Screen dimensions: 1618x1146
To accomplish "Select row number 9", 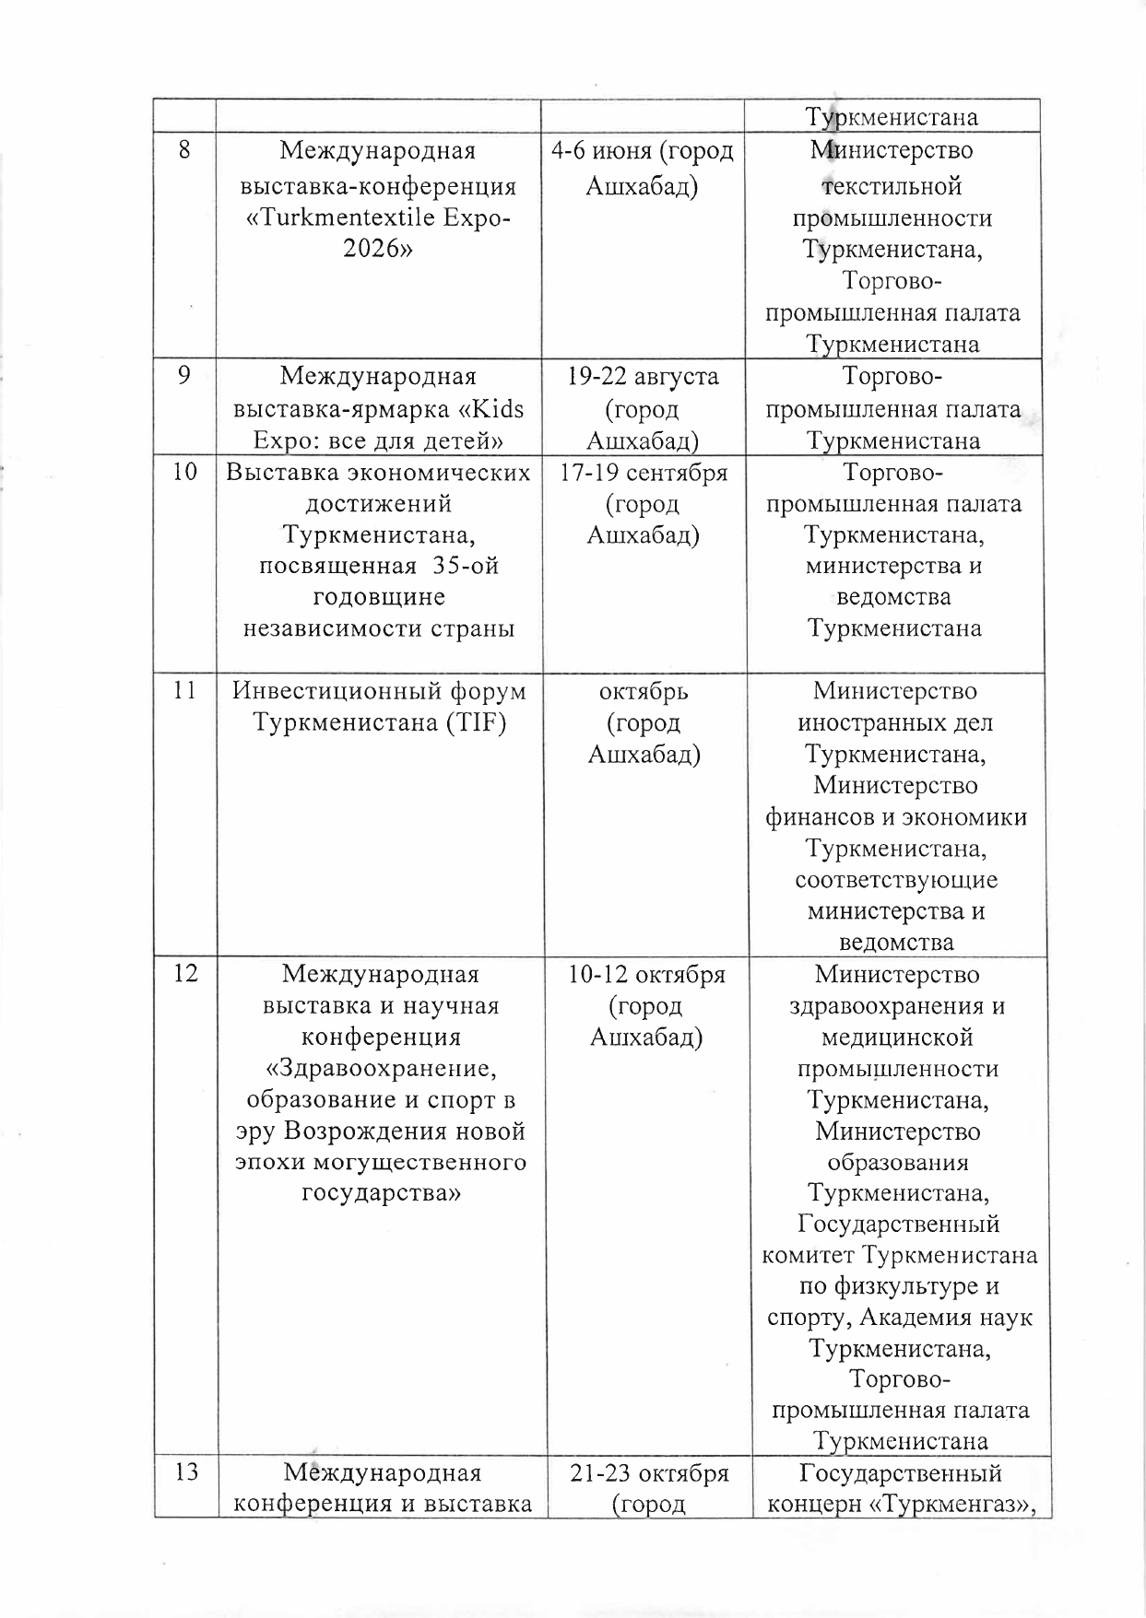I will (185, 377).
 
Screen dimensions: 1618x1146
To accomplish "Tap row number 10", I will (185, 473).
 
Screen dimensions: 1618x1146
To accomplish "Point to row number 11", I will (185, 691).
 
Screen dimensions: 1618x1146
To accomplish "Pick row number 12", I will (185, 974).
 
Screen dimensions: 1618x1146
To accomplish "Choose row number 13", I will (185, 1472).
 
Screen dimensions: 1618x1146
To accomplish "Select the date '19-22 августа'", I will (644, 377).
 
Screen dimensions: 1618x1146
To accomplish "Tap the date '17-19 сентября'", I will (644, 473).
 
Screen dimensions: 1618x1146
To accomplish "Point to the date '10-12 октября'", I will (646, 974).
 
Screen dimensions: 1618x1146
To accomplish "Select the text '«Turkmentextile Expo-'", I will (379, 218).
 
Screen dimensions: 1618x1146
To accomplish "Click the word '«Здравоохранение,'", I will (381, 1069).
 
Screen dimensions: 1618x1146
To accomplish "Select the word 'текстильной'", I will (892, 186).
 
